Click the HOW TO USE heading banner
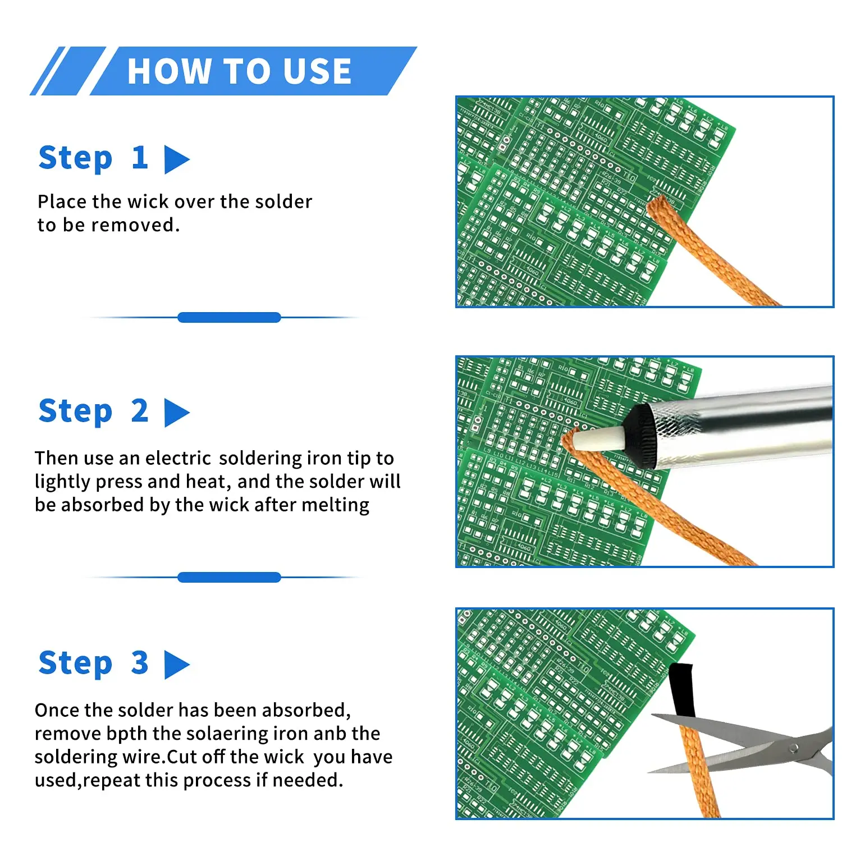pyautogui.click(x=240, y=71)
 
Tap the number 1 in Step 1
pyautogui.click(x=140, y=158)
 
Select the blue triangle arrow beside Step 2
pyautogui.click(x=176, y=413)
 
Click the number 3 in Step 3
pyautogui.click(x=140, y=663)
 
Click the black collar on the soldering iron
pyautogui.click(x=640, y=435)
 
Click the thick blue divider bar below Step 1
pyautogui.click(x=229, y=318)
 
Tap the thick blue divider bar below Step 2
pyautogui.click(x=229, y=577)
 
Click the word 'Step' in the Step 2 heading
pyautogui.click(x=75, y=411)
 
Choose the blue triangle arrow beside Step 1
pyautogui.click(x=176, y=159)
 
